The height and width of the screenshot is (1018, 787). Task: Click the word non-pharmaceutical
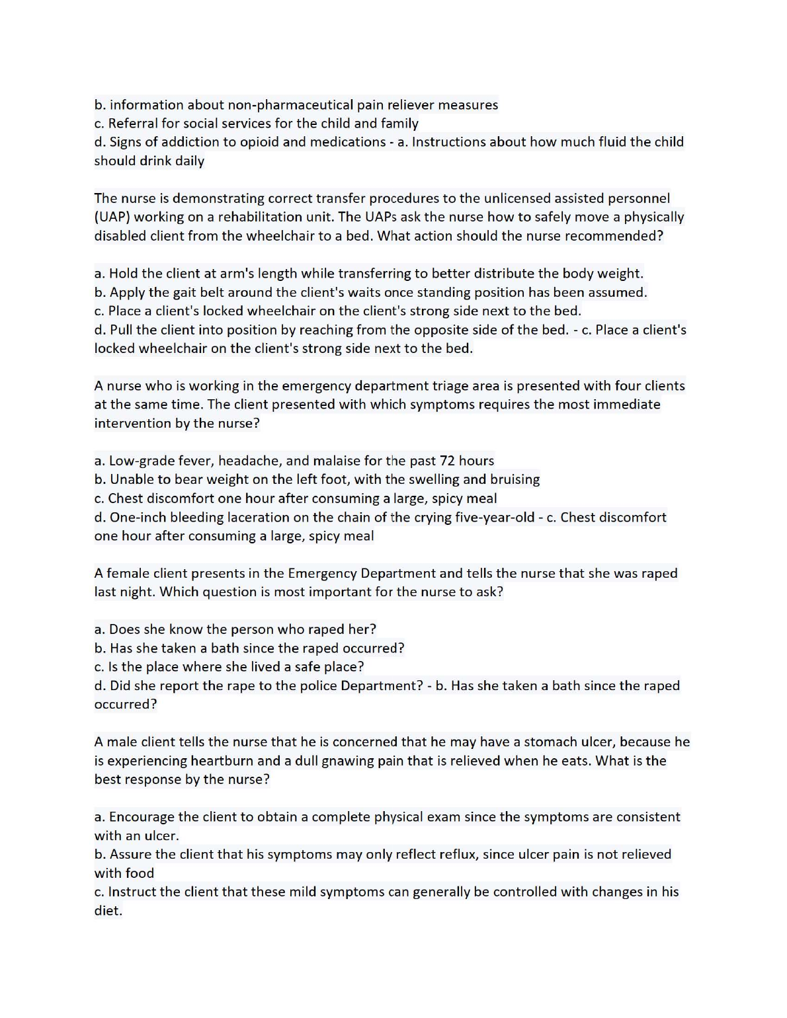click(x=290, y=105)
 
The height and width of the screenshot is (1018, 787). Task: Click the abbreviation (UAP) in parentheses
click(x=112, y=217)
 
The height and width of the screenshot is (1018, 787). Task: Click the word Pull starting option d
click(x=121, y=330)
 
